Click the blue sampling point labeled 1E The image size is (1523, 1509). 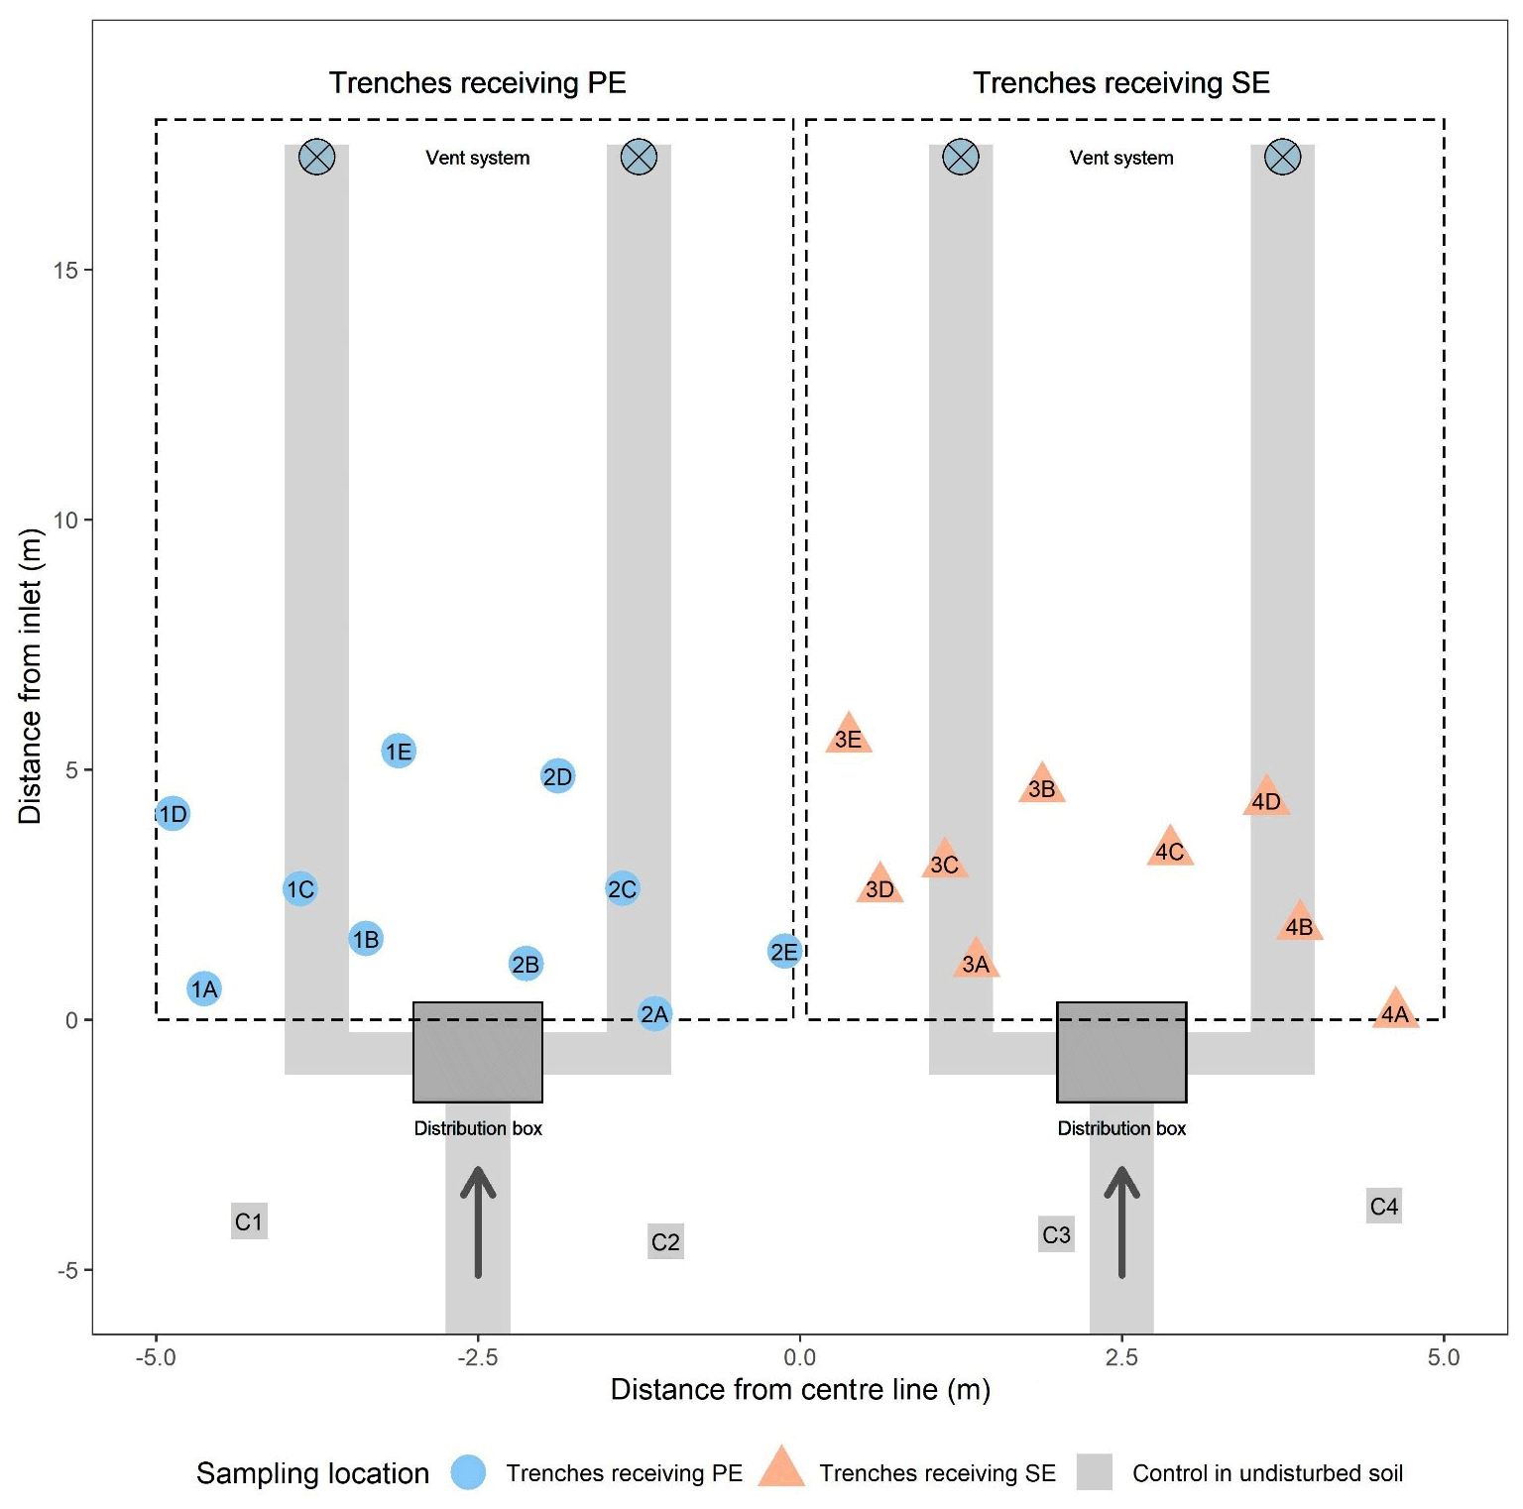pos(399,752)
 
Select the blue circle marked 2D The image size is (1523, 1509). pos(558,776)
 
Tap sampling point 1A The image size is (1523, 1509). pos(204,988)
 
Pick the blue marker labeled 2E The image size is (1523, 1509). pos(784,952)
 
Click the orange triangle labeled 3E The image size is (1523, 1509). pos(849,737)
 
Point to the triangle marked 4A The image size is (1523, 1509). pos(1395,1011)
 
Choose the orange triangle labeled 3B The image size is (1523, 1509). pos(1041,786)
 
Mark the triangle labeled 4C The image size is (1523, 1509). pos(1170,849)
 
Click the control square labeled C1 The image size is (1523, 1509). pos(249,1221)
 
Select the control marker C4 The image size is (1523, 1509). pos(1384,1207)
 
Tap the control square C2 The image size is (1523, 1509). pos(665,1241)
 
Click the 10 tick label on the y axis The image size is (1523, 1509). pos(65,521)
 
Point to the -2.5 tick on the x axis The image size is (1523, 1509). pos(477,1357)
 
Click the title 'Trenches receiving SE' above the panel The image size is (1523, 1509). pos(1121,83)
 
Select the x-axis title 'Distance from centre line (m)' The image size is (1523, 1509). pos(800,1390)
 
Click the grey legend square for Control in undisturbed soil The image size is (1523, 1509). pos(1095,1472)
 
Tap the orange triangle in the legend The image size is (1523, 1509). pos(781,1469)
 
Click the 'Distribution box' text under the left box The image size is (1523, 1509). pos(478,1128)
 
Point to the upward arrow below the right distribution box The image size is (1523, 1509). pos(1121,1221)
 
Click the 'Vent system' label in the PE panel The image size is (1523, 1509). pos(478,158)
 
